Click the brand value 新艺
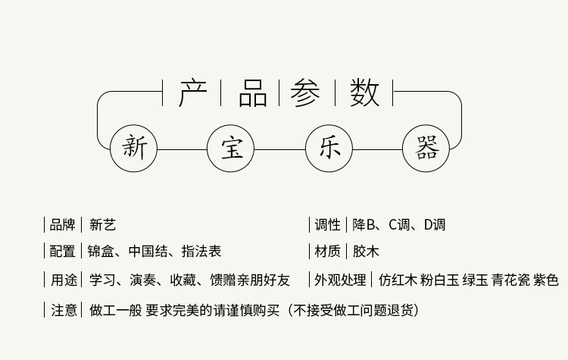(102, 225)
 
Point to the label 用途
(63, 280)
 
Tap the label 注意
(63, 310)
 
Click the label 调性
(327, 225)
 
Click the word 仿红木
(398, 280)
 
